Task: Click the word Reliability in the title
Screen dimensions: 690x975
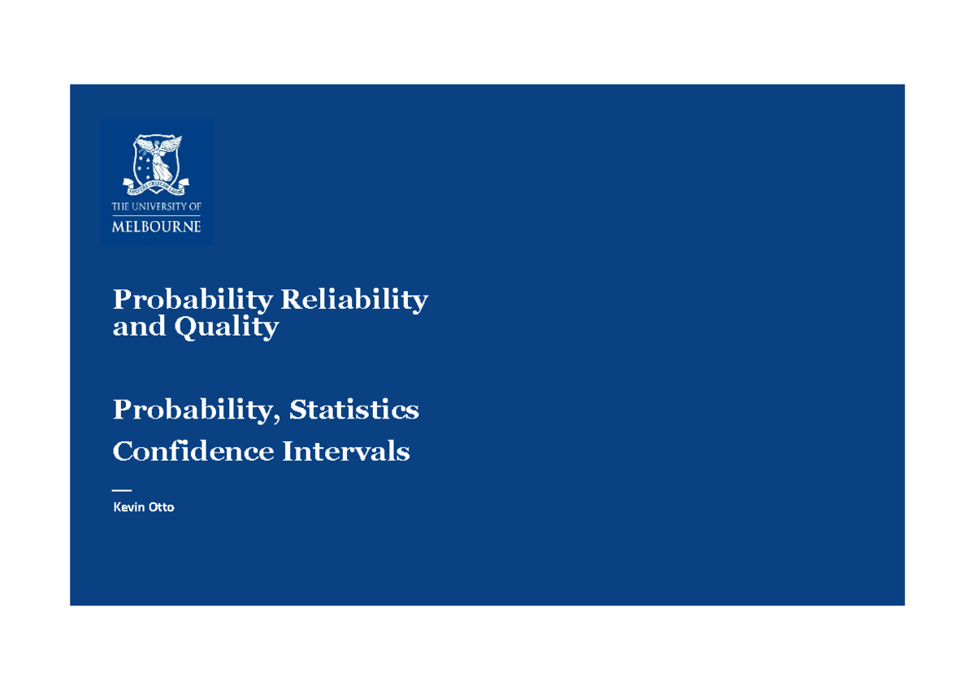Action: pos(353,301)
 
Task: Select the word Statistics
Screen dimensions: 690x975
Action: pos(353,410)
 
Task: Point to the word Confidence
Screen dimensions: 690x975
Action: pos(193,451)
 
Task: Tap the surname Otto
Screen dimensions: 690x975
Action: pos(160,507)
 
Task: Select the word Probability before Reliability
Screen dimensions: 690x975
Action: pos(193,301)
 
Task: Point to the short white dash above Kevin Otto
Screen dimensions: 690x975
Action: pos(121,490)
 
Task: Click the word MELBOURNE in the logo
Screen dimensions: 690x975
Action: pos(156,227)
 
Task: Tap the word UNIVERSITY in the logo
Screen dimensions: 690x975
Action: pos(158,207)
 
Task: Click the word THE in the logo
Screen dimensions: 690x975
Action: pos(120,207)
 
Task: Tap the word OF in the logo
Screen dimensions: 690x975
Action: pos(193,207)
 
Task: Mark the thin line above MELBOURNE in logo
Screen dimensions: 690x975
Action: pos(156,215)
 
